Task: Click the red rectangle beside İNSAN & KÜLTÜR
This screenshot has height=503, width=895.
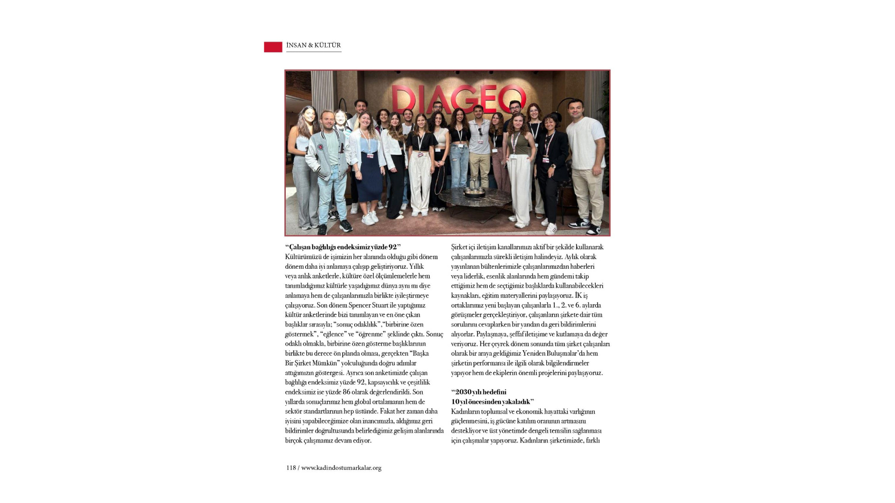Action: point(273,47)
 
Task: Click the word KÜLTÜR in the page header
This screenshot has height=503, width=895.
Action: point(327,45)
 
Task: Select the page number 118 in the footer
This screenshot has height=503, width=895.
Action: point(291,468)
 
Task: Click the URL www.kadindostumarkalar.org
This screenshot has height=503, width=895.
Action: point(341,468)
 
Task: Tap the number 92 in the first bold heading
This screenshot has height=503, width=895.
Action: point(392,247)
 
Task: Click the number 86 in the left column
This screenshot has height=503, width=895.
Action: point(346,392)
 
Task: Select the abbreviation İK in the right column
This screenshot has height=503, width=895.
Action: point(578,296)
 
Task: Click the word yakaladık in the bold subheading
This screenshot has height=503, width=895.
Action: point(516,402)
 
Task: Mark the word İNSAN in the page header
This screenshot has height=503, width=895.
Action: point(296,45)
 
